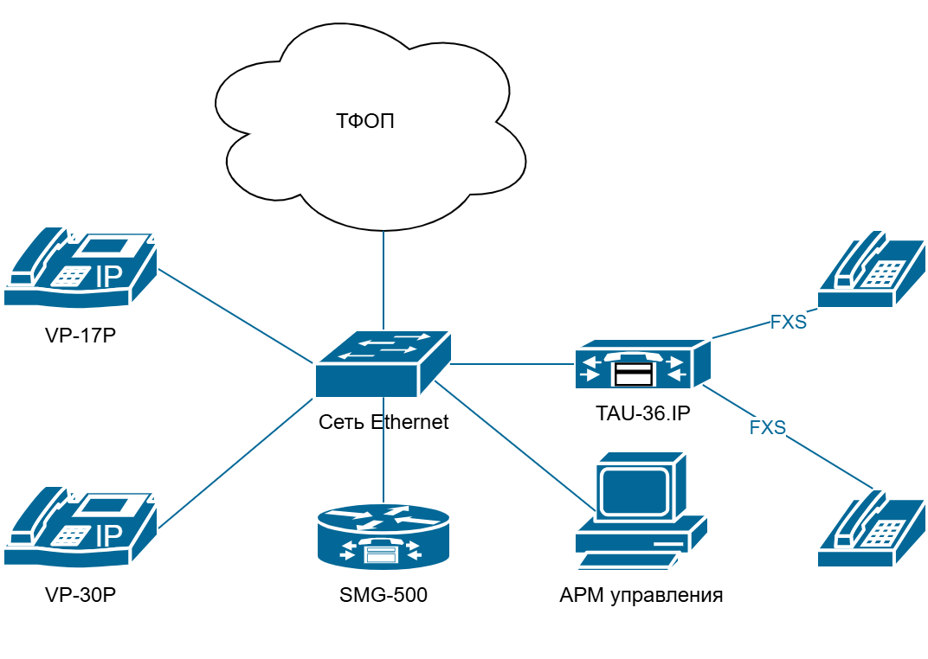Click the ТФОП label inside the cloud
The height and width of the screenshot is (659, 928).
[364, 120]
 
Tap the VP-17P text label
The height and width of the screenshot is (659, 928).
[81, 335]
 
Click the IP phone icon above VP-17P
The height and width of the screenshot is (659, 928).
[81, 267]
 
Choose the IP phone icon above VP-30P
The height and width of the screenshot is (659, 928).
[81, 527]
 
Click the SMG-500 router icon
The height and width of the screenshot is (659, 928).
[383, 535]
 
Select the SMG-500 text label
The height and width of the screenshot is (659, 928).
[383, 595]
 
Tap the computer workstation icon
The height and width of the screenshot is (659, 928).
[641, 510]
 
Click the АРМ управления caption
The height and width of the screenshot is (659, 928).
[641, 595]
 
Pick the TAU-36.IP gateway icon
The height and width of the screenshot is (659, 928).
[642, 364]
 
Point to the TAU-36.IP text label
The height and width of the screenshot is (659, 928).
[642, 413]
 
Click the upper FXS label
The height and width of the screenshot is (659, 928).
[788, 323]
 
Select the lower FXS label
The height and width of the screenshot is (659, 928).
[767, 427]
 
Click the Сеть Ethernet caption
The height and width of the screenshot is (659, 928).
[383, 422]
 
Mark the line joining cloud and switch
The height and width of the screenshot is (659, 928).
[383, 281]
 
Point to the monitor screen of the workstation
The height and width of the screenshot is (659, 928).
[635, 491]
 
